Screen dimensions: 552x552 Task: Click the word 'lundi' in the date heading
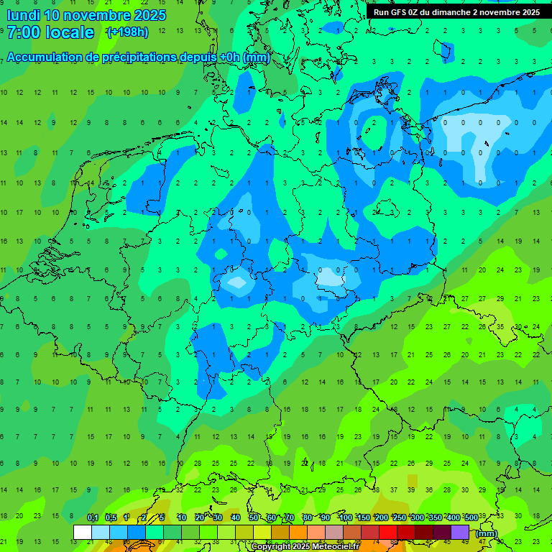click(23, 15)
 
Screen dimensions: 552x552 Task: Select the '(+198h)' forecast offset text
click(127, 32)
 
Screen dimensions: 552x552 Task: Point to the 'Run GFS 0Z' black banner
click(456, 12)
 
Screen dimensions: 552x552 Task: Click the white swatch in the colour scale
click(83, 532)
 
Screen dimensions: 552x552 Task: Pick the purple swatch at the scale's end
click(460, 532)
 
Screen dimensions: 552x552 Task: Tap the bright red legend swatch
click(388, 532)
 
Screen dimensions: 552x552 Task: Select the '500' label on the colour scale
click(471, 517)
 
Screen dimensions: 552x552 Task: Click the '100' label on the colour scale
click(345, 517)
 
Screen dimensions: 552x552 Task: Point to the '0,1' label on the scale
click(93, 517)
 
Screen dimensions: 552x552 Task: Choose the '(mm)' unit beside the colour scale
click(487, 533)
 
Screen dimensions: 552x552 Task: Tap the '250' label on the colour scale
click(399, 517)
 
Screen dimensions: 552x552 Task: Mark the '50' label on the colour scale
click(254, 517)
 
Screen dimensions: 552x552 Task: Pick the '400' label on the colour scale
click(453, 517)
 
